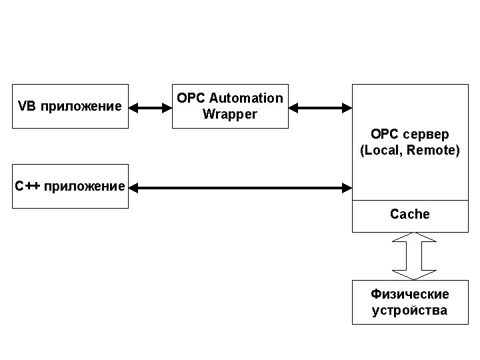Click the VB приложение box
coord(70,106)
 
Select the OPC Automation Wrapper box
coord(230,106)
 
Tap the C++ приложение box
coord(70,186)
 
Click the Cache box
coord(409,215)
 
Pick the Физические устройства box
coord(409,303)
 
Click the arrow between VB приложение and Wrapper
coord(151,107)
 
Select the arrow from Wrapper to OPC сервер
coord(320,107)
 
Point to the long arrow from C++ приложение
coord(240,189)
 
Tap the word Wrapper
coord(230,114)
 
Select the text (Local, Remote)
coord(409,151)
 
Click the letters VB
coord(26,107)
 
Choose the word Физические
coord(409,295)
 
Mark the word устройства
coord(409,311)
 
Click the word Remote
coord(433,151)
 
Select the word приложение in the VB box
coord(79,107)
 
